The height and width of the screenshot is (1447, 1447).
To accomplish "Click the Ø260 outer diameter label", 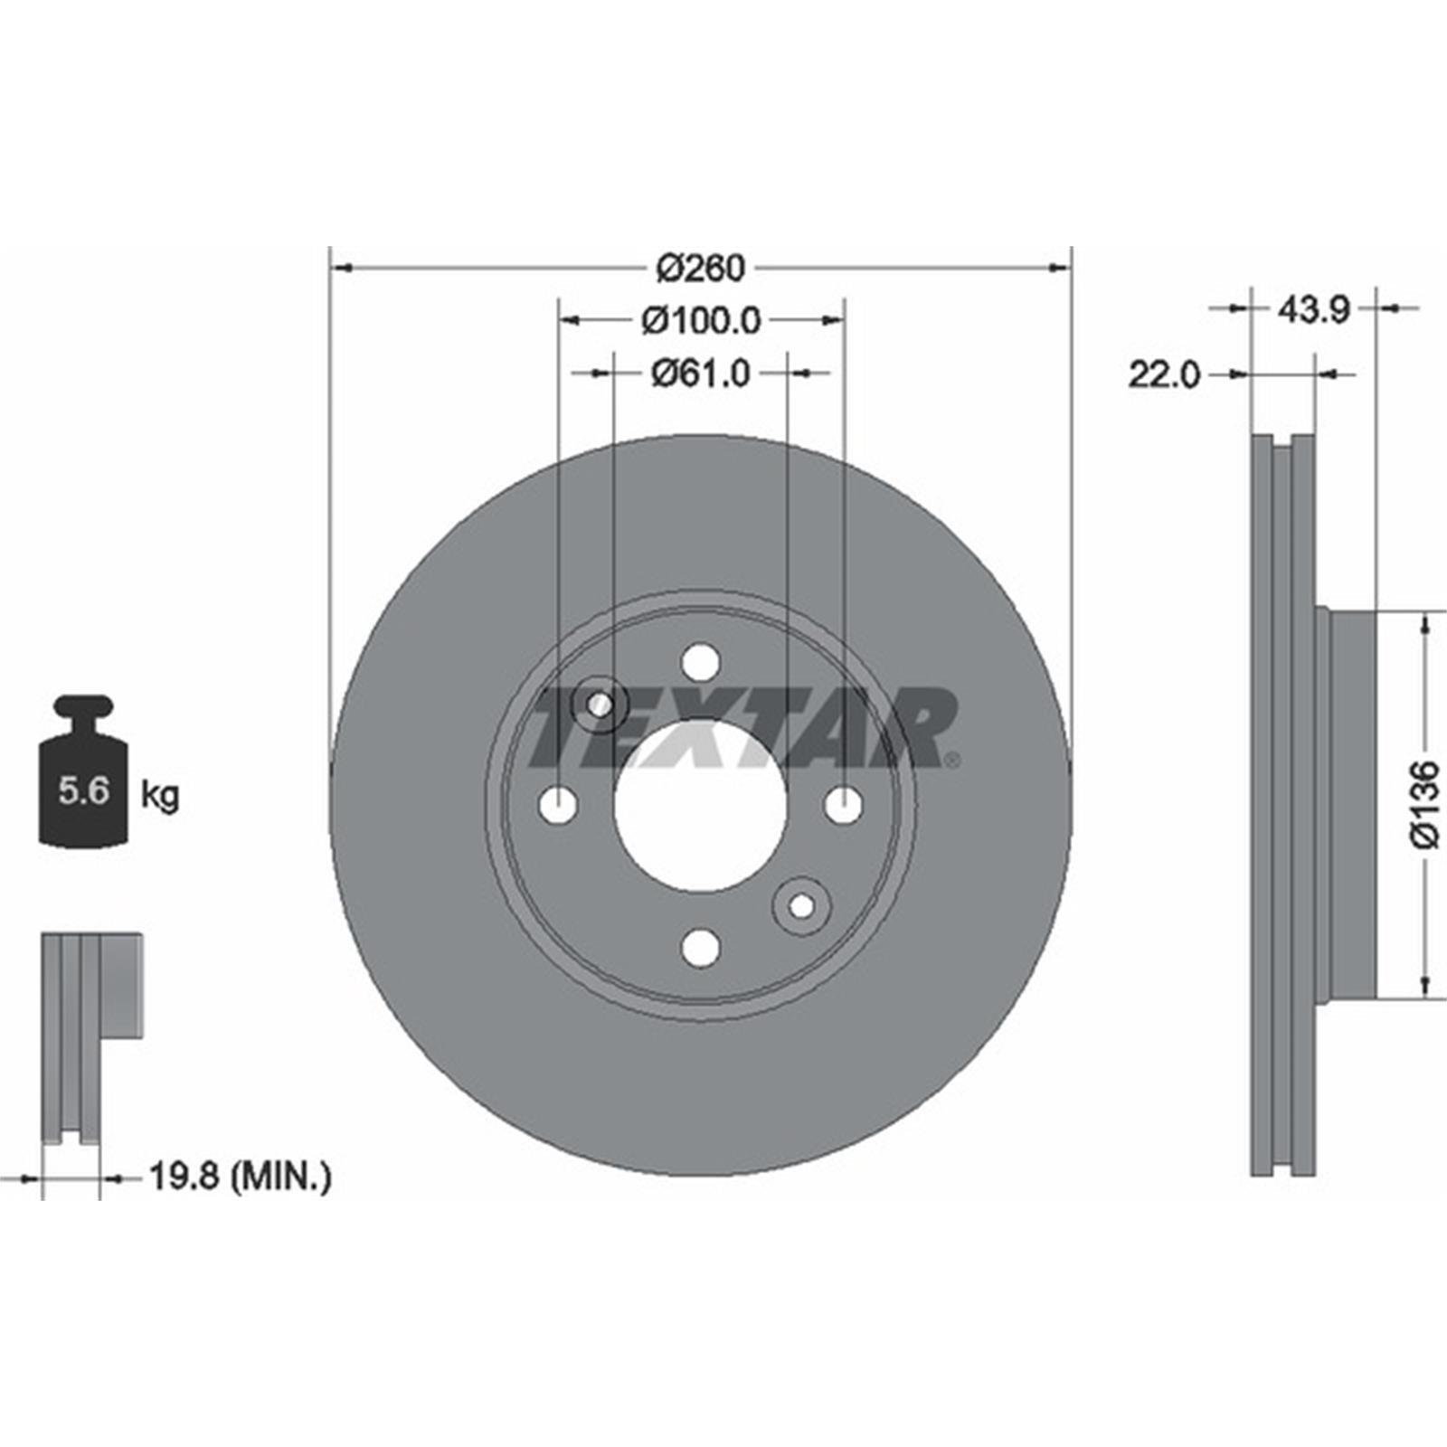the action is (x=701, y=268).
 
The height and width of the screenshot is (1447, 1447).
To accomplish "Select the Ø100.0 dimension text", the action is (x=702, y=320).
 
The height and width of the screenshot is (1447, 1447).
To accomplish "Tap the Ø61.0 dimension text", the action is (x=701, y=373).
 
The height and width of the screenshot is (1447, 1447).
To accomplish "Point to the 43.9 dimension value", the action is (x=1313, y=310).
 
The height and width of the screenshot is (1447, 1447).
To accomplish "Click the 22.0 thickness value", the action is (x=1164, y=374).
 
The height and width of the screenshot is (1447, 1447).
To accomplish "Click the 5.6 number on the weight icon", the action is (x=84, y=791).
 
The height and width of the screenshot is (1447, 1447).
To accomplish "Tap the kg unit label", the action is (x=160, y=796).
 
